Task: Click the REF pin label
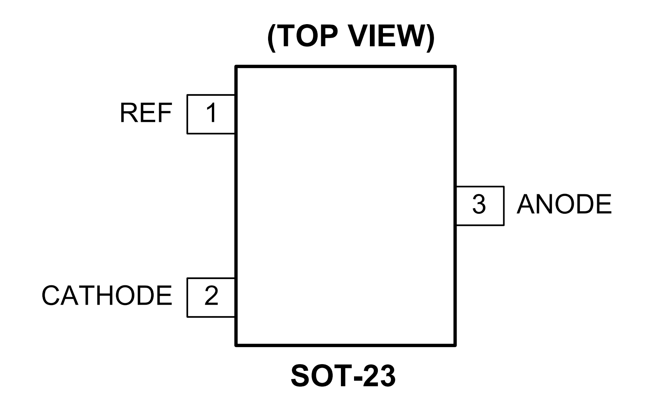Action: pyautogui.click(x=146, y=113)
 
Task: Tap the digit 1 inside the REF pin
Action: pyautogui.click(x=211, y=113)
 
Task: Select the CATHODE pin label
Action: pyautogui.click(x=107, y=296)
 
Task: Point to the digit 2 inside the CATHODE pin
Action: pyautogui.click(x=211, y=296)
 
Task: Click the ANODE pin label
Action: pyautogui.click(x=564, y=205)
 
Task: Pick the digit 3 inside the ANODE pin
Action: pyautogui.click(x=479, y=205)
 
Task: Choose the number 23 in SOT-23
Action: pyautogui.click(x=380, y=376)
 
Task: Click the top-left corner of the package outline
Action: pyautogui.click(x=236, y=67)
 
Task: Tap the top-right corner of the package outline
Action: pyautogui.click(x=455, y=67)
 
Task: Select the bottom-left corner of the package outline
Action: pyautogui.click(x=236, y=345)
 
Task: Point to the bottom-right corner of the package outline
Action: pyautogui.click(x=455, y=345)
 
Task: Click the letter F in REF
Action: pyautogui.click(x=165, y=113)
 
